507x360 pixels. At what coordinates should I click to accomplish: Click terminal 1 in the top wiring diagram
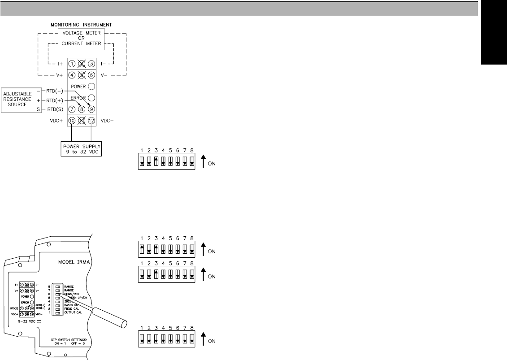click(72, 64)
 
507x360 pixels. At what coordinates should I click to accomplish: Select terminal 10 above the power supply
click(72, 121)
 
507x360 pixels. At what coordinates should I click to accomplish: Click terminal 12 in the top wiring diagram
click(91, 121)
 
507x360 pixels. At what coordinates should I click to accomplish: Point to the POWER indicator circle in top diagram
click(91, 87)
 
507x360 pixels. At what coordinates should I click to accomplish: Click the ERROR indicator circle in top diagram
click(91, 97)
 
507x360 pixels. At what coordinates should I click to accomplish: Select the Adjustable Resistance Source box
click(18, 100)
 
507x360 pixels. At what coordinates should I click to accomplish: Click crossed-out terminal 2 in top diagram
click(82, 64)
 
